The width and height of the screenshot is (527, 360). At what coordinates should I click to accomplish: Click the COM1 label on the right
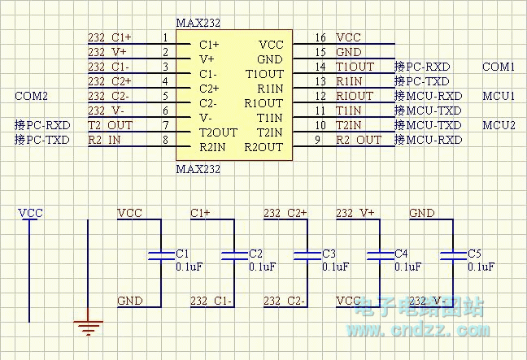[x=499, y=67]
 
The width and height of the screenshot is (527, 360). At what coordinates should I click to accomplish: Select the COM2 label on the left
[x=32, y=96]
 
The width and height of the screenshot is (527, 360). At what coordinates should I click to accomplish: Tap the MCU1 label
[x=499, y=96]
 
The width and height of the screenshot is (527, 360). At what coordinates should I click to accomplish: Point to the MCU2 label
[x=499, y=125]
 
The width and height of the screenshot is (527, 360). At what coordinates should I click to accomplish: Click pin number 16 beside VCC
[x=320, y=37]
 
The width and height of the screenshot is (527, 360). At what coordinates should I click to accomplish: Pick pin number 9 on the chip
[x=320, y=140]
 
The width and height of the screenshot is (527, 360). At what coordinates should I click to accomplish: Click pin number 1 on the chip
[x=165, y=37]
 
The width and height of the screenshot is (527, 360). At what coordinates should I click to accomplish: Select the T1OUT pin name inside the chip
[x=263, y=74]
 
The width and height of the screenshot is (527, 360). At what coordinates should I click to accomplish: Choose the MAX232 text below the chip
[x=198, y=169]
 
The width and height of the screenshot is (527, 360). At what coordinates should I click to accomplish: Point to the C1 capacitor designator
[x=182, y=254]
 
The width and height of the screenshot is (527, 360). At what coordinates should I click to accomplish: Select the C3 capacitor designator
[x=329, y=254]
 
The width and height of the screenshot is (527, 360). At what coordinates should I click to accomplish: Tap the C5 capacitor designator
[x=475, y=254]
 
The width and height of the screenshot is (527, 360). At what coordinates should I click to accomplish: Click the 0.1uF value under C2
[x=262, y=267]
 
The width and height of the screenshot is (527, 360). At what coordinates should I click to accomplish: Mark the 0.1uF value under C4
[x=408, y=267]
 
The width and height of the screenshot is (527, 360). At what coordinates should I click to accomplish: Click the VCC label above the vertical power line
[x=30, y=213]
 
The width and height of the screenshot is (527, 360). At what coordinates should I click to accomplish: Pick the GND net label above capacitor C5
[x=422, y=213]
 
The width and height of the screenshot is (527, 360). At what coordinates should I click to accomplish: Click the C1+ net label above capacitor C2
[x=200, y=213]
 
